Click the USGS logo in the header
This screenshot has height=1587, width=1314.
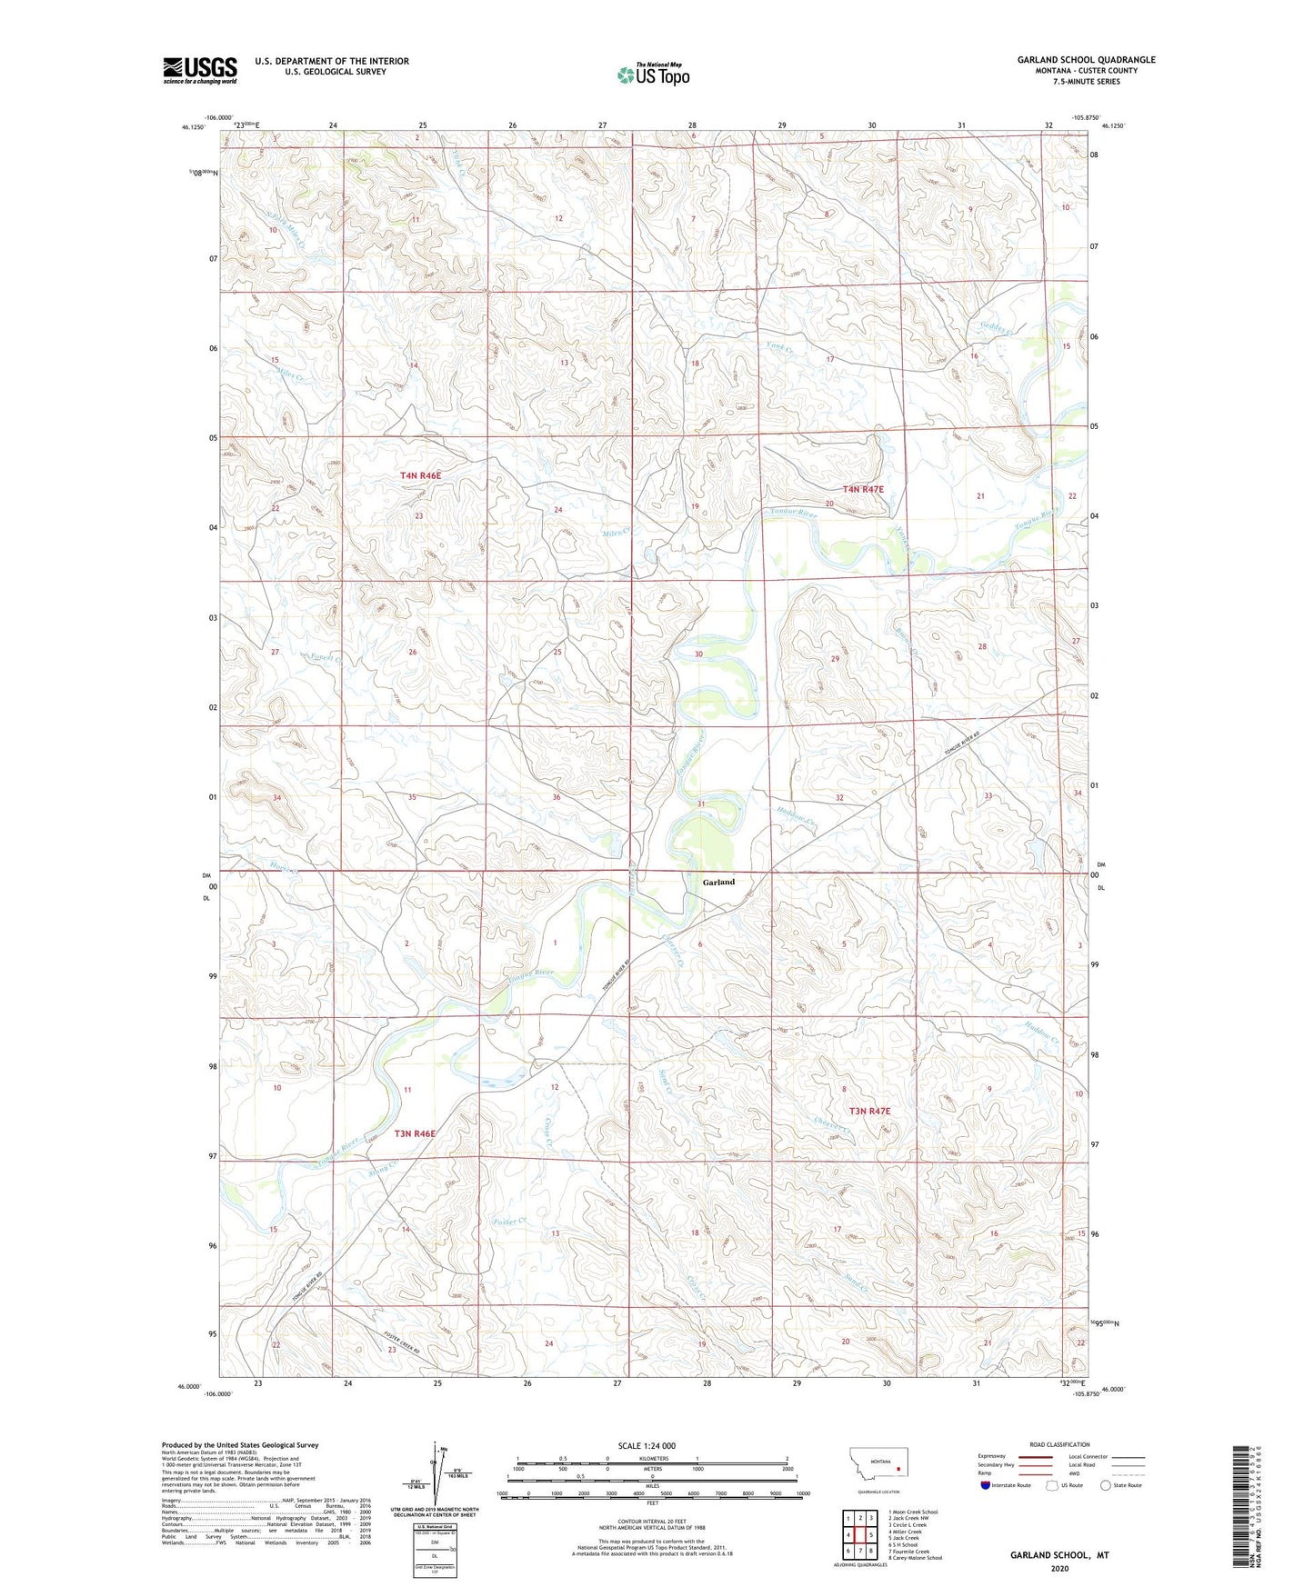[x=199, y=69]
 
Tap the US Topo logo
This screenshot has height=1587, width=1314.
[x=652, y=75]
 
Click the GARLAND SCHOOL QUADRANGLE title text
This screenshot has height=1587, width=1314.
[x=1086, y=60]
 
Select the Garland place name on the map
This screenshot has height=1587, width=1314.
[x=718, y=882]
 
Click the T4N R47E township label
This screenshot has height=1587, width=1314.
[x=863, y=489]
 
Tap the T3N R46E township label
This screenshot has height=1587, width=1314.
[x=415, y=1133]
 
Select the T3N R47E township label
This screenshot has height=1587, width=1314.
[x=869, y=1111]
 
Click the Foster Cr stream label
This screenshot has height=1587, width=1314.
[x=509, y=1222]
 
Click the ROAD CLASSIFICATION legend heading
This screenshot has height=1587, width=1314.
[x=1059, y=1444]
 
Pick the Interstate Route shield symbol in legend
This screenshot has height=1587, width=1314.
[x=986, y=1485]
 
